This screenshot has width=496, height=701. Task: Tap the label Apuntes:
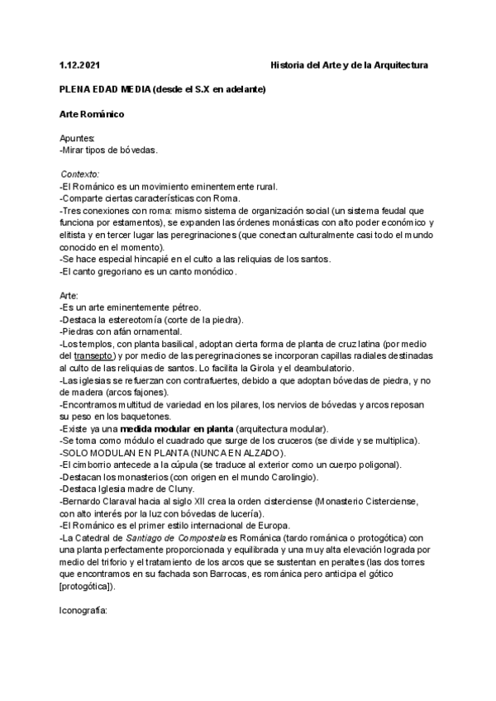click(78, 138)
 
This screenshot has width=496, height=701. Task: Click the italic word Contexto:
click(80, 174)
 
